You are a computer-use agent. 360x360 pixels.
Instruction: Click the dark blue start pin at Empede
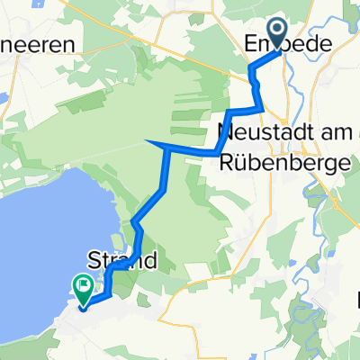point(277,32)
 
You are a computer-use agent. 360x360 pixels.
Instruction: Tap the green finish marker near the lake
point(83,289)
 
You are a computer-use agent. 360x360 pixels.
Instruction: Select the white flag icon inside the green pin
point(83,287)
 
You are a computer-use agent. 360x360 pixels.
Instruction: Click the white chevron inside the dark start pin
point(277,31)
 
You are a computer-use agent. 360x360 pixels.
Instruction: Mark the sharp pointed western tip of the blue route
point(147,142)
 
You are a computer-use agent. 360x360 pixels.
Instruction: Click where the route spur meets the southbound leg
point(166,151)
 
